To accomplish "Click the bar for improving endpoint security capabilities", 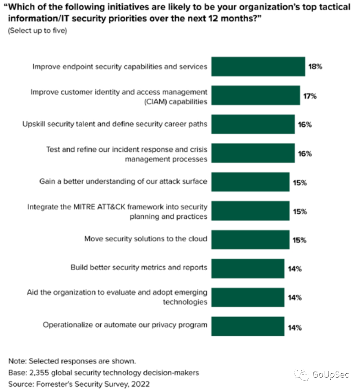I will click(258, 67).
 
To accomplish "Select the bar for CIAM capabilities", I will click(255, 95).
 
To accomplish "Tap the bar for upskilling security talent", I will click(252, 124).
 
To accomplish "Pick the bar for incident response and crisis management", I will click(252, 153).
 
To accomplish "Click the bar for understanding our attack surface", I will click(250, 182).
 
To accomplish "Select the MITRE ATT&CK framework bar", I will click(250, 211).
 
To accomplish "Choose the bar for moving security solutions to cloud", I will click(250, 240).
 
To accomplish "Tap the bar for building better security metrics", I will click(247, 269).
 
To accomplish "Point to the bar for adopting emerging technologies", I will click(247, 297).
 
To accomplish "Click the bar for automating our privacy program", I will click(247, 326).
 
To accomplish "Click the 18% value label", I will click(315, 67).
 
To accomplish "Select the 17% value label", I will click(310, 96).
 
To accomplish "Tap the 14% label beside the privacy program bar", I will click(295, 328).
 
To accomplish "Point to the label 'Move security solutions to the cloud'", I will click(146, 239).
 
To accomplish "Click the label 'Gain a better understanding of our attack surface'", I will click(123, 181).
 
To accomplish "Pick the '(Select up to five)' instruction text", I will click(37, 31).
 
